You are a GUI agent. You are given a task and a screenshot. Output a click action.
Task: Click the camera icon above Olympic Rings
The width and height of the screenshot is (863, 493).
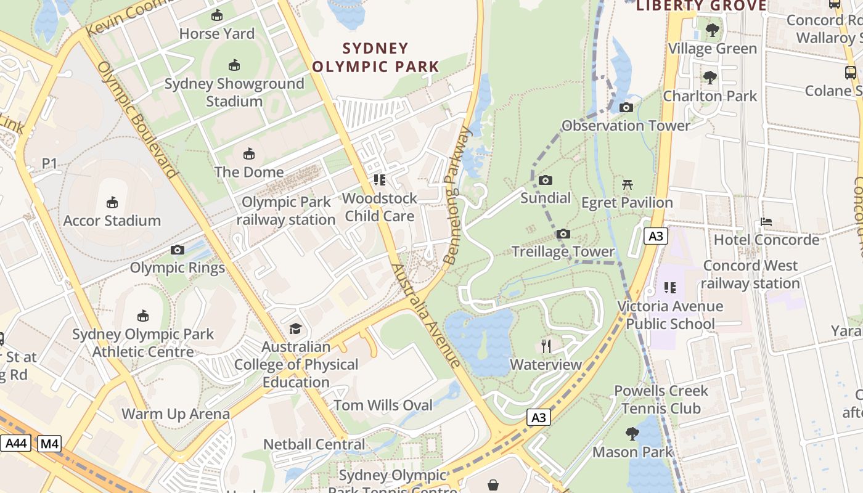point(178,250)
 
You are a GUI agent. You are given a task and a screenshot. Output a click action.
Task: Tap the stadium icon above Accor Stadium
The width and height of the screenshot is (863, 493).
point(112,202)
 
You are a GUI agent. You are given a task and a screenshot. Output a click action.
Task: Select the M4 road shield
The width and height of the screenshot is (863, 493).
point(49,443)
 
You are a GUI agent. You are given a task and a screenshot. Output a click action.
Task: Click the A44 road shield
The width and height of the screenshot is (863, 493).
point(15,443)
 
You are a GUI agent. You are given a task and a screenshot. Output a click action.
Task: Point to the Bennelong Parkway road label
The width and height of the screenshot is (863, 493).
point(457,196)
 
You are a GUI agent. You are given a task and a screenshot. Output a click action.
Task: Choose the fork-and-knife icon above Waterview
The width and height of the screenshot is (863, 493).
point(546,346)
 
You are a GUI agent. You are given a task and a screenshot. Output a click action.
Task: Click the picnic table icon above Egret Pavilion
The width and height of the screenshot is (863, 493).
point(628,184)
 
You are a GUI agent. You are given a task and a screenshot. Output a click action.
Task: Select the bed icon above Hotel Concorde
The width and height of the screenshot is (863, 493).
point(766,221)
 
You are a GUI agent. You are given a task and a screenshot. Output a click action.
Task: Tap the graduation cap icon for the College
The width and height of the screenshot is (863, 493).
point(296,328)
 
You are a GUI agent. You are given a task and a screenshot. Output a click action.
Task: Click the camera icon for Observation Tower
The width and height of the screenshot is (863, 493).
point(626,108)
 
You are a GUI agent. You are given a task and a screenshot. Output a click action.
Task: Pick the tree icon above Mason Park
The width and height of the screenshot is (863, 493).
point(632,434)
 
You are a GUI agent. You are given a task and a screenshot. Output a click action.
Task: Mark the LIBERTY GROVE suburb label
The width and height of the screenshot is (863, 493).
point(701,6)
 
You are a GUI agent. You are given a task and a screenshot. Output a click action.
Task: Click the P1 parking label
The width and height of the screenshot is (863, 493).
point(49,163)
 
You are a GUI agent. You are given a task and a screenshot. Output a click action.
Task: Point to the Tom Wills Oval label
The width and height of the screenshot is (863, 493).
point(383,405)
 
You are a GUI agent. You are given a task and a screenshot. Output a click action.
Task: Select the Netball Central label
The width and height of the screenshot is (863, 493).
point(314,444)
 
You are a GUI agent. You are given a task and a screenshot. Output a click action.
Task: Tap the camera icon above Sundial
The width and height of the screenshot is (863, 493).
point(545,180)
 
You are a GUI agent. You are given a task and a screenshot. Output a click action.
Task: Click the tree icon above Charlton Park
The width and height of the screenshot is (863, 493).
point(710,78)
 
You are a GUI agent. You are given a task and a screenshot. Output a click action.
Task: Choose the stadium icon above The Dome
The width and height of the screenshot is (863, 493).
point(249,153)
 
